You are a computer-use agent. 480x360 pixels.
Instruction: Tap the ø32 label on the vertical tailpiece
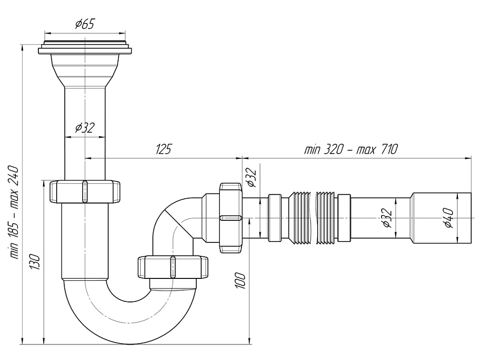pyautogui.click(x=84, y=127)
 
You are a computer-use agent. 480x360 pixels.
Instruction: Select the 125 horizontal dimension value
pyautogui.click(x=164, y=149)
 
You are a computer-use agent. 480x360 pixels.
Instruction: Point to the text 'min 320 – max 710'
pyautogui.click(x=351, y=149)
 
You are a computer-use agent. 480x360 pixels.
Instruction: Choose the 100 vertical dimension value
pyautogui.click(x=241, y=280)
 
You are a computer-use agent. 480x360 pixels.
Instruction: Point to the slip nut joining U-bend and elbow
pyautogui.click(x=174, y=267)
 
